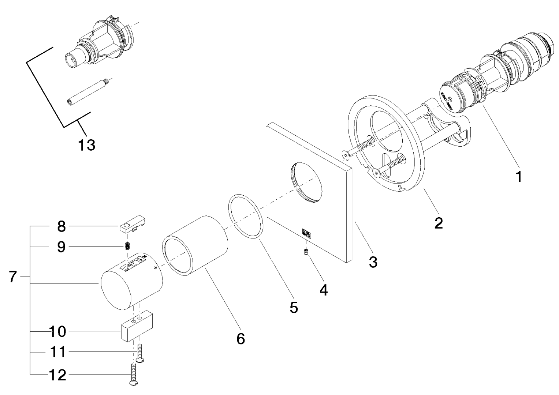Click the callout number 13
86,145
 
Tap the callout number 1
518,177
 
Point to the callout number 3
373,262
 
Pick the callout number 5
294,307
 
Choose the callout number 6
240,338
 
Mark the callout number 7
13,277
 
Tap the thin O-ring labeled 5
246,216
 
